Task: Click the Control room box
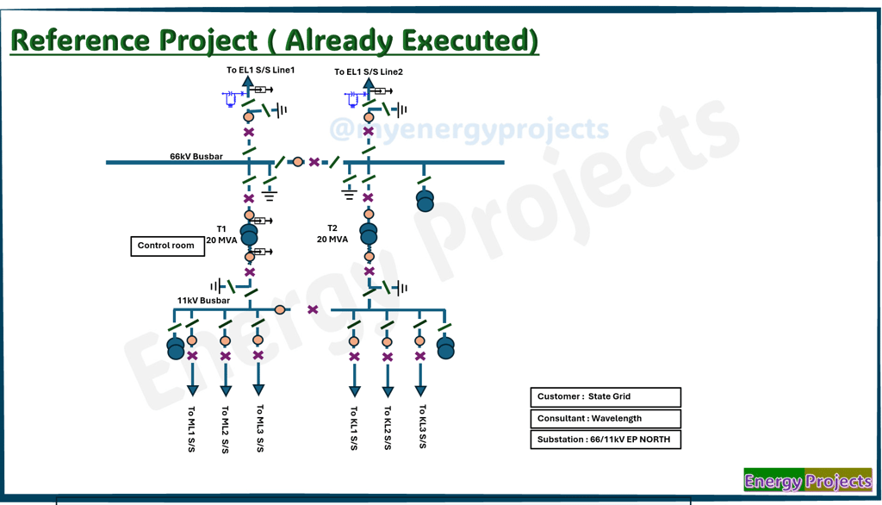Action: tap(167, 246)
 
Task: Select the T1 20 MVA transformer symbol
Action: tap(249, 234)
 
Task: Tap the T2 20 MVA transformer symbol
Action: tap(369, 234)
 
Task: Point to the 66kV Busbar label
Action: tap(196, 157)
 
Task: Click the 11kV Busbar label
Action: tap(203, 301)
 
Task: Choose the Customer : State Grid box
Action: tap(605, 397)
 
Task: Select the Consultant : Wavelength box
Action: tap(605, 419)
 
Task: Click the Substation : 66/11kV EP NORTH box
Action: tap(605, 440)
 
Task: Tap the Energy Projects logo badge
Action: tap(807, 481)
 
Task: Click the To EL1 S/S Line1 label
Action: tap(260, 71)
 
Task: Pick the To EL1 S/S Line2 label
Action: tap(369, 72)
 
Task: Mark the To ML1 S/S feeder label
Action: tap(191, 429)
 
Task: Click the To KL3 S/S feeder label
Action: tap(422, 427)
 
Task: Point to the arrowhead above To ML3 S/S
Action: tap(258, 390)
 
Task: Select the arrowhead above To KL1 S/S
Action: tap(354, 390)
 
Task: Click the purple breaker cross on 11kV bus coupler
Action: tap(313, 309)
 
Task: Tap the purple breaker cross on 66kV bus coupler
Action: tap(314, 162)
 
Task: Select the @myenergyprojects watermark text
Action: tap(469, 130)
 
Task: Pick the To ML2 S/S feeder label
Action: tap(225, 429)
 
